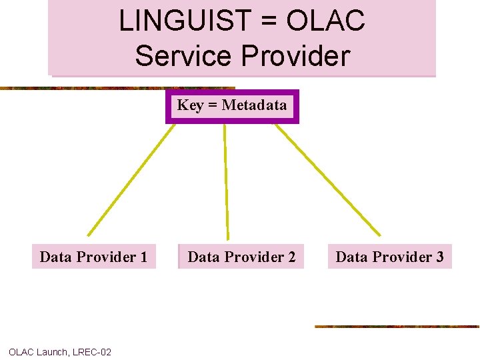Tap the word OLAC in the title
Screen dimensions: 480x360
click(326, 21)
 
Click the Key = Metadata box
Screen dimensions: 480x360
click(232, 106)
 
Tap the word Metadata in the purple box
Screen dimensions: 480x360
click(254, 105)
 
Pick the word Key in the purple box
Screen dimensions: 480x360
click(190, 105)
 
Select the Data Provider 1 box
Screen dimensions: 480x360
click(93, 257)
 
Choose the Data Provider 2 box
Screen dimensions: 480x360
click(241, 257)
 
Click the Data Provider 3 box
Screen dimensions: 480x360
click(389, 257)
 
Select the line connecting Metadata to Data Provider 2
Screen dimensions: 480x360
click(226, 180)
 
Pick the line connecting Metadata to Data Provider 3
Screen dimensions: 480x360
click(327, 180)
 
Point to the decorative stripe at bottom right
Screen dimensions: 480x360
click(397, 327)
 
